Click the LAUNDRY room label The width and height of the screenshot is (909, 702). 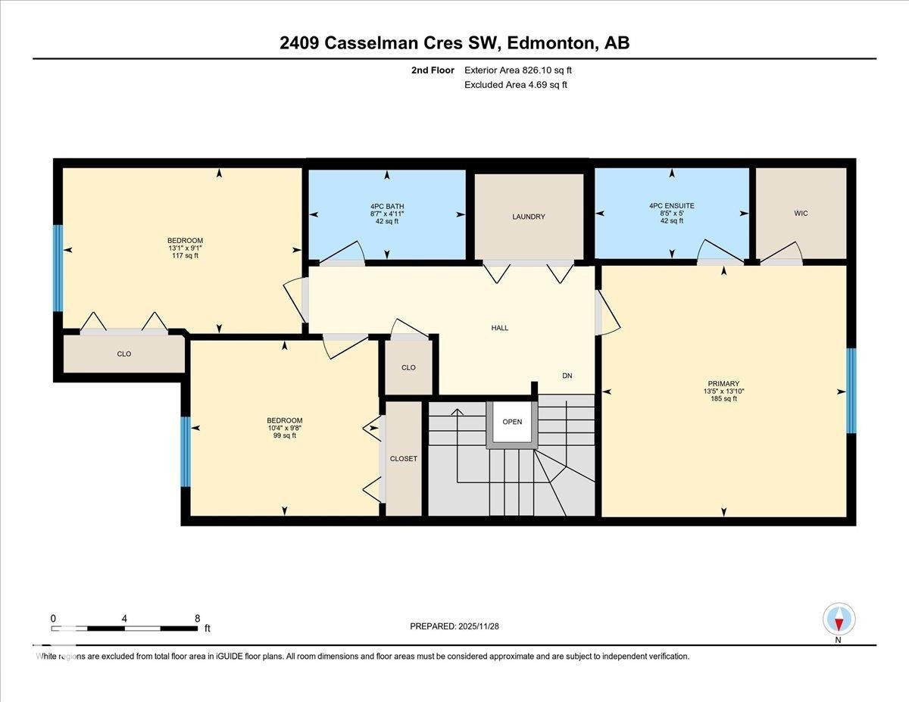click(528, 217)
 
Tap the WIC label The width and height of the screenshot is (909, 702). click(801, 214)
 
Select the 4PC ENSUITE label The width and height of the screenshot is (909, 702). click(671, 205)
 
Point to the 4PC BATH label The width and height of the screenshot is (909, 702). click(387, 206)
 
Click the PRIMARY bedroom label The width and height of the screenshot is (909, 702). click(724, 383)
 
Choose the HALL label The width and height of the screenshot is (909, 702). click(499, 328)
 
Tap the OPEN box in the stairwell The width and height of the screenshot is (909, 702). click(512, 422)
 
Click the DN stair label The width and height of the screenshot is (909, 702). click(567, 376)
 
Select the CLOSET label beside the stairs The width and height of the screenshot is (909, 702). click(403, 458)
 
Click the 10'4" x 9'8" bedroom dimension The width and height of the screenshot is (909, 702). click(284, 428)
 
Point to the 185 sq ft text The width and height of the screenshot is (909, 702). click(724, 398)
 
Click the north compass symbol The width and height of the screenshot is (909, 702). click(839, 619)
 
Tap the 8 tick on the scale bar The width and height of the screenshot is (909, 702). click(197, 618)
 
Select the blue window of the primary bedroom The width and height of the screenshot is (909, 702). click(851, 390)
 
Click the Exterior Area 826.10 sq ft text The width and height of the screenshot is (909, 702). click(518, 70)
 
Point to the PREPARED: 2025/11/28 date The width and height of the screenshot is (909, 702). click(454, 626)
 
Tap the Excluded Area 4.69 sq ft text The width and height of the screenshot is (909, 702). click(515, 85)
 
